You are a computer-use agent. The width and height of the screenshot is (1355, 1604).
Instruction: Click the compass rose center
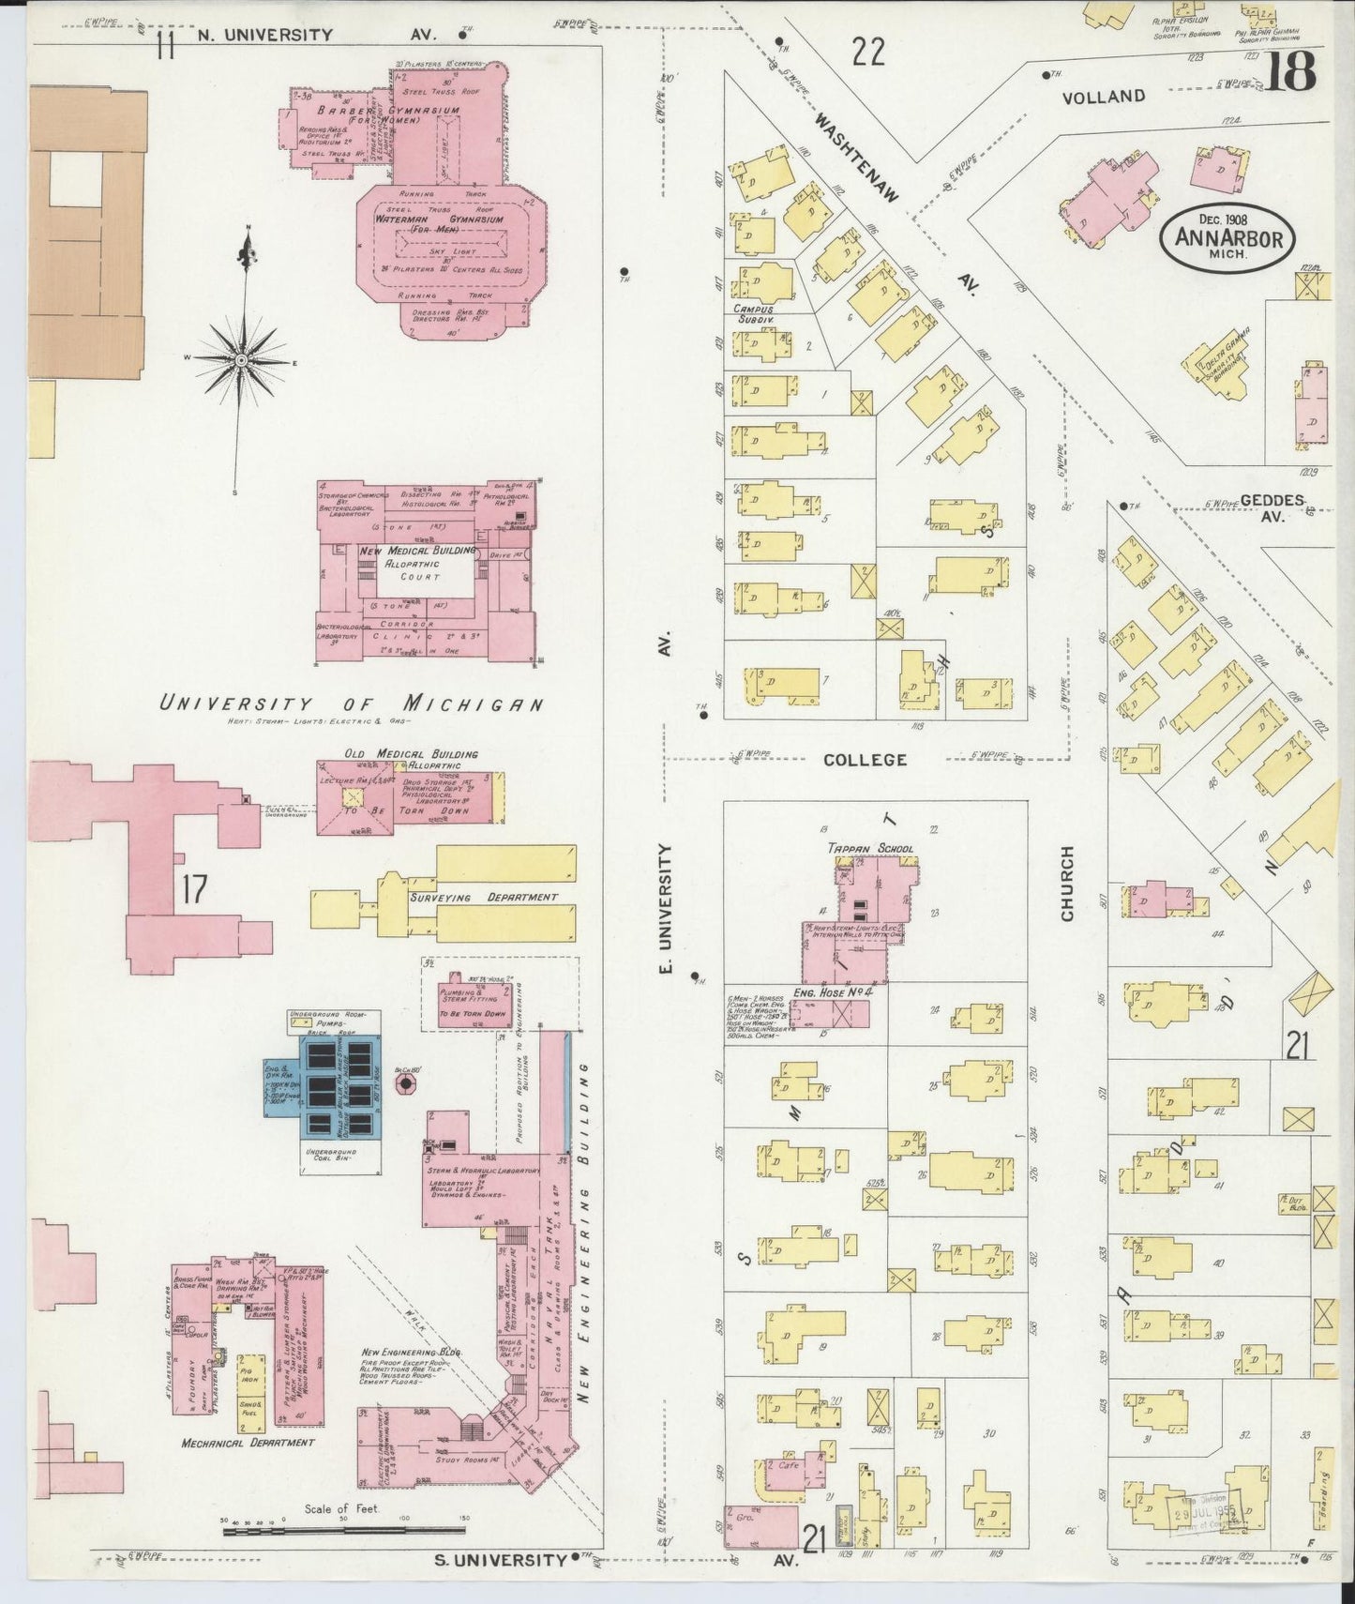pos(241,360)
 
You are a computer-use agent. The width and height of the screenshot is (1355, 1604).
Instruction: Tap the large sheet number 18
pos(1293,71)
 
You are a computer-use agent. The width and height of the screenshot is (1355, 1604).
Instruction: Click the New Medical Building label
pos(416,551)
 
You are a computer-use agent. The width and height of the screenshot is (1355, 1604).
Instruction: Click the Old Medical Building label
pos(411,753)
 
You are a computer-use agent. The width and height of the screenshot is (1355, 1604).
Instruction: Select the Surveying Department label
pos(483,897)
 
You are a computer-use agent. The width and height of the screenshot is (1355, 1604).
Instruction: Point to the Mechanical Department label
pos(248,1443)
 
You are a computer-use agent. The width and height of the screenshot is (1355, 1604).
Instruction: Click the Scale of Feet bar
pos(343,1532)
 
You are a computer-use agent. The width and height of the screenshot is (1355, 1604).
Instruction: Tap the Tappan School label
pos(869,848)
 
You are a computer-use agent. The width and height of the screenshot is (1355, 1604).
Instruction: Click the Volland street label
pos(1104,97)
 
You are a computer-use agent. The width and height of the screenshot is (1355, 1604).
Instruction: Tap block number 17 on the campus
pos(193,888)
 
